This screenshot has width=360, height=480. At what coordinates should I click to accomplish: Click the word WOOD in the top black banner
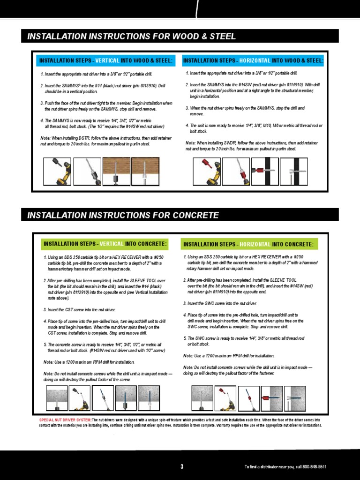pyautogui.click(x=187, y=37)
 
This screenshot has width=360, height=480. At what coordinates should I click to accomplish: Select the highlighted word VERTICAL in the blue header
pyautogui.click(x=107, y=61)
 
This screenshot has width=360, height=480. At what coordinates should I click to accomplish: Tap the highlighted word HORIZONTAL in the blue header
pyautogui.click(x=255, y=61)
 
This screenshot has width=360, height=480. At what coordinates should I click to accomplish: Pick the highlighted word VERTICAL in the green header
pyautogui.click(x=112, y=244)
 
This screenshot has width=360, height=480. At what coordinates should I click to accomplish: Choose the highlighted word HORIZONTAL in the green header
pyautogui.click(x=255, y=244)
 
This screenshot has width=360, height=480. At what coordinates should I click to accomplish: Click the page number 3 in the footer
pyautogui.click(x=182, y=466)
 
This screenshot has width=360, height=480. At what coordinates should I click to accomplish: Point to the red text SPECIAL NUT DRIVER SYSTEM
pyautogui.click(x=65, y=420)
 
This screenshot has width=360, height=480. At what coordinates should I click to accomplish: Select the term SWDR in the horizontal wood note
pyautogui.click(x=228, y=143)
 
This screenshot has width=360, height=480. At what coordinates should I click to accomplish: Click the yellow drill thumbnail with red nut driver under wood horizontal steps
pyautogui.click(x=207, y=171)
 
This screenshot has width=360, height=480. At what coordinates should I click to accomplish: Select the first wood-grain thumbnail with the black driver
pyautogui.click(x=116, y=171)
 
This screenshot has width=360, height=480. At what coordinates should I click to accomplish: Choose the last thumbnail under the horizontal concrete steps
pyautogui.click(x=295, y=398)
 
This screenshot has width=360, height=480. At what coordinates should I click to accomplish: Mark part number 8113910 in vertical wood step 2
pyautogui.click(x=145, y=86)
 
